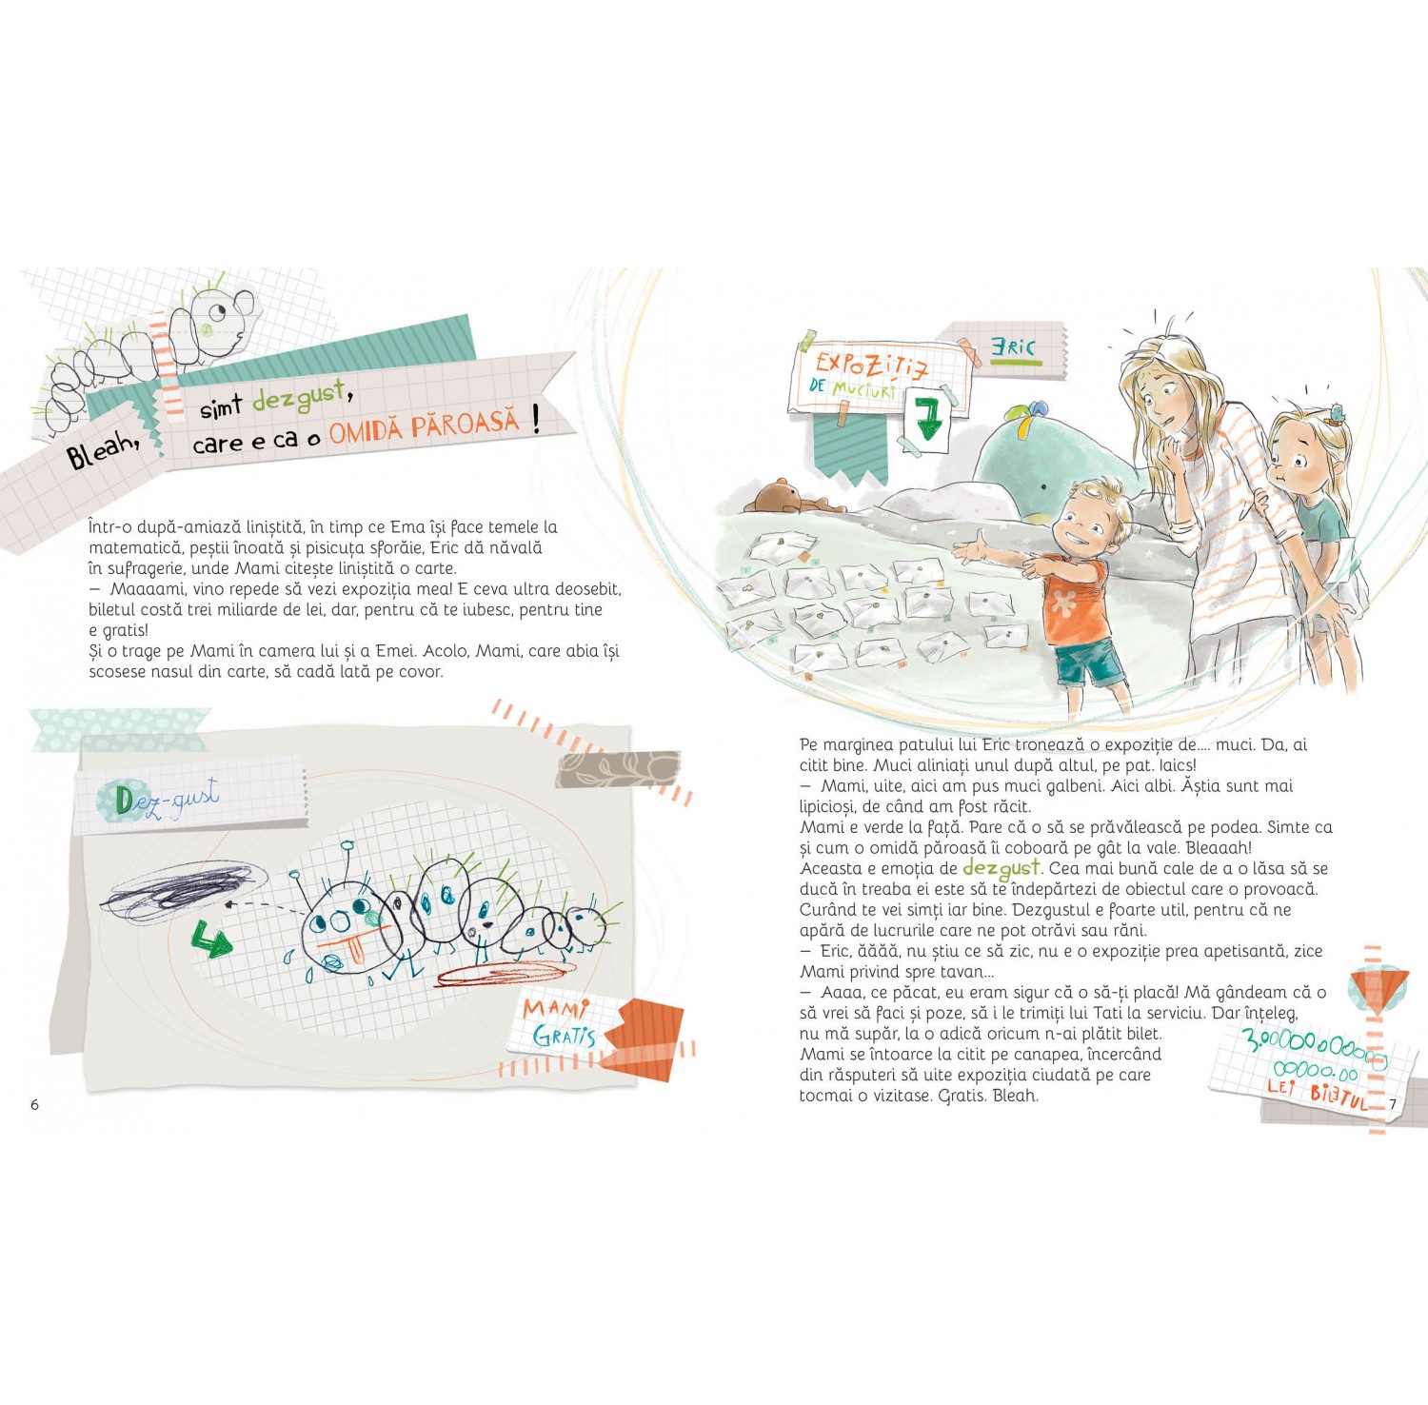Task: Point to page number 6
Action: pos(35,1105)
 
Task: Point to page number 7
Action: pos(1392,1104)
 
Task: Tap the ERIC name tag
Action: pos(1013,347)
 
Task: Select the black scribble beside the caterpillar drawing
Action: pos(181,892)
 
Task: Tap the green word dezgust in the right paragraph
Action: pos(1001,868)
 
